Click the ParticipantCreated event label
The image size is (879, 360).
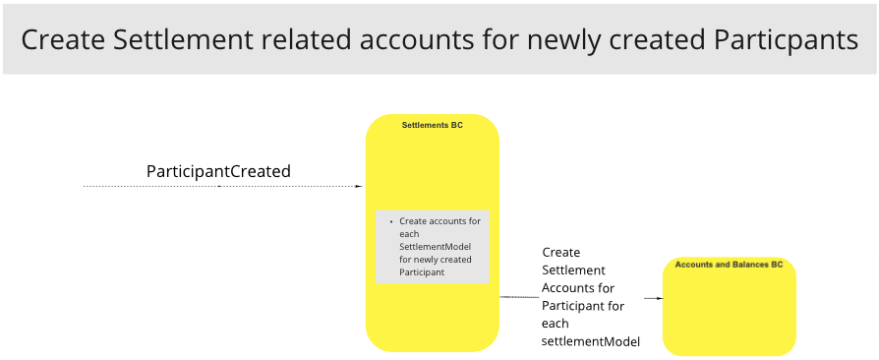point(218,171)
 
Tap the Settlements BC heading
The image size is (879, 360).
point(432,125)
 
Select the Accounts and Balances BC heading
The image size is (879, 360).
point(729,265)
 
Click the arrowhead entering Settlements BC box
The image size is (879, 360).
point(359,186)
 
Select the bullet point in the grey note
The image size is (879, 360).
point(390,221)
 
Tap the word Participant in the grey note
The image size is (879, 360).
point(422,272)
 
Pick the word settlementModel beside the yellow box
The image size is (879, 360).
point(591,341)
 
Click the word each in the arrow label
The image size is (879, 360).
point(556,324)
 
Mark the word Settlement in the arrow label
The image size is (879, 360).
point(573,270)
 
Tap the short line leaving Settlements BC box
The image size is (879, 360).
point(518,297)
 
